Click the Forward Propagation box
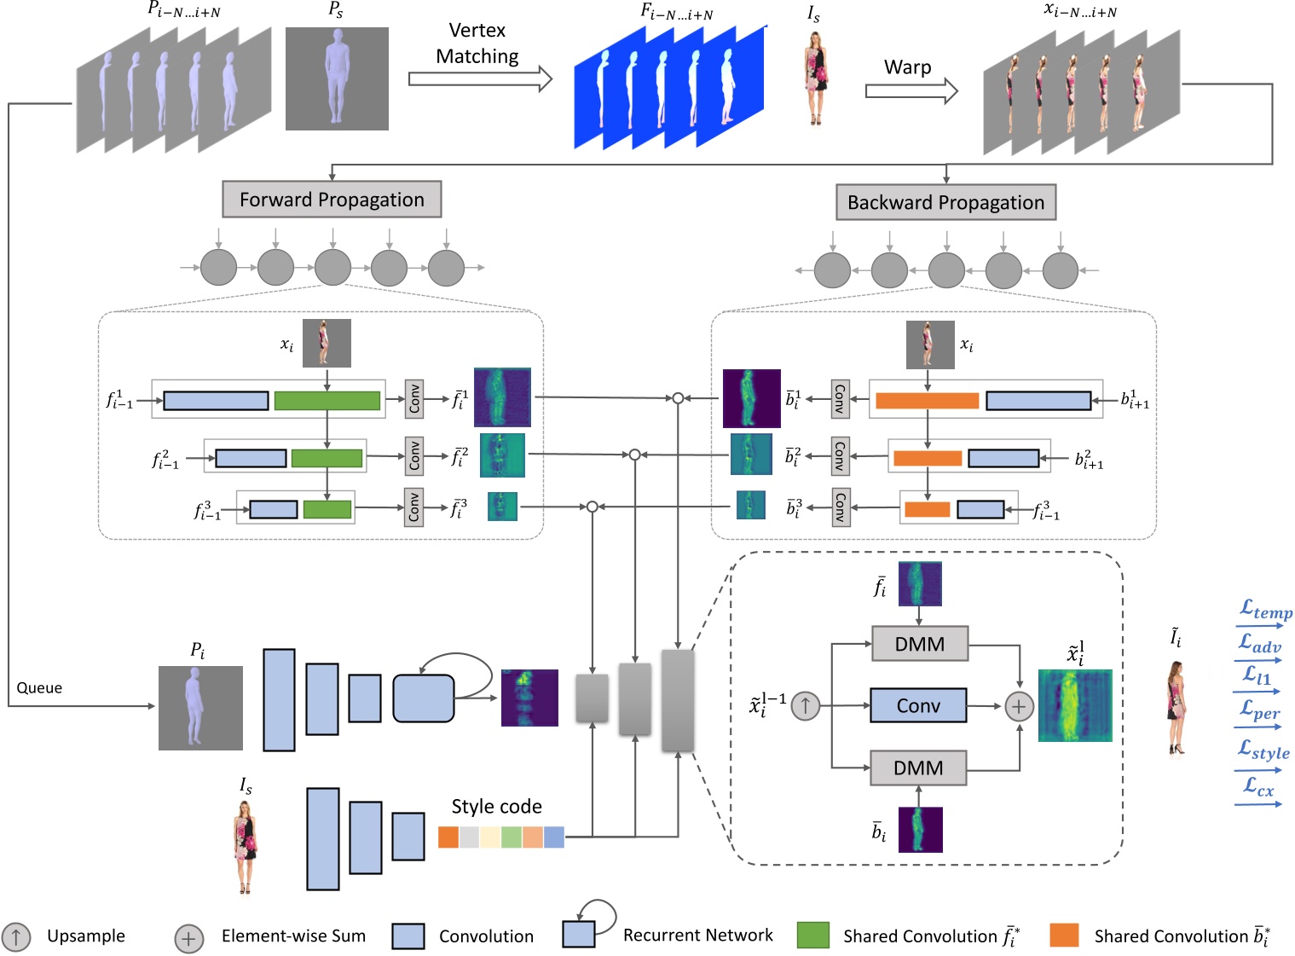[x=332, y=200]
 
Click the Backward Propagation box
[x=945, y=203]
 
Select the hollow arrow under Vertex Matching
[x=480, y=79]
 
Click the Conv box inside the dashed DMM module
[x=918, y=705]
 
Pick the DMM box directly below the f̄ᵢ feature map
[x=920, y=644]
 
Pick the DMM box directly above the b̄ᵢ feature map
[x=918, y=768]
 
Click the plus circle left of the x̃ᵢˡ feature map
[x=1019, y=706]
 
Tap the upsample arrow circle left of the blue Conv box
[x=806, y=705]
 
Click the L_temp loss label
[x=1265, y=611]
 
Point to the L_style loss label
[x=1263, y=750]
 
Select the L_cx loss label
[x=1258, y=786]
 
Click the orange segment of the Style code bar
[x=448, y=837]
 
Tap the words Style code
[x=496, y=807]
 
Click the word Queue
[x=39, y=688]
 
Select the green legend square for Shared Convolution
[x=812, y=935]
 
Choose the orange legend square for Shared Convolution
[x=1064, y=935]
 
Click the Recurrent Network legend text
[x=697, y=936]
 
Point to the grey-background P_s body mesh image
[x=337, y=78]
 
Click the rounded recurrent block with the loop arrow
[x=423, y=698]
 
